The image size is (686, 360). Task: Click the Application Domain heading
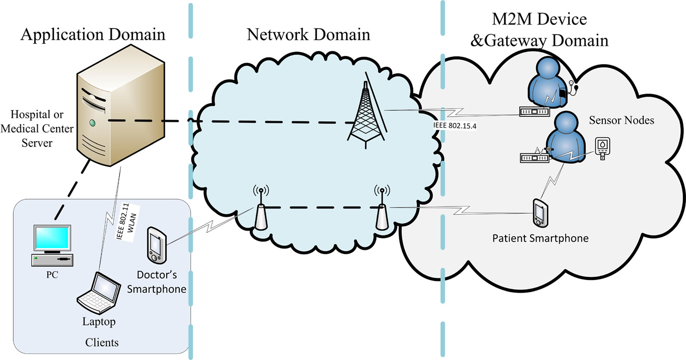[x=93, y=35]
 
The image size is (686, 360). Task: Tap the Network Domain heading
[x=308, y=35]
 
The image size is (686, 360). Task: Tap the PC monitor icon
[x=51, y=240]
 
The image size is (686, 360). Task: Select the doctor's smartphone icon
[x=155, y=244]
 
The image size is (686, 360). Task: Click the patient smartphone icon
[x=540, y=212]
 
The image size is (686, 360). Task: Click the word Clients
[x=102, y=342]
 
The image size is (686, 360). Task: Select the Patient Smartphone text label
[x=540, y=238]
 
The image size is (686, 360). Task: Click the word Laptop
[x=99, y=322]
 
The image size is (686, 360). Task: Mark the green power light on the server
[x=92, y=123]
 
